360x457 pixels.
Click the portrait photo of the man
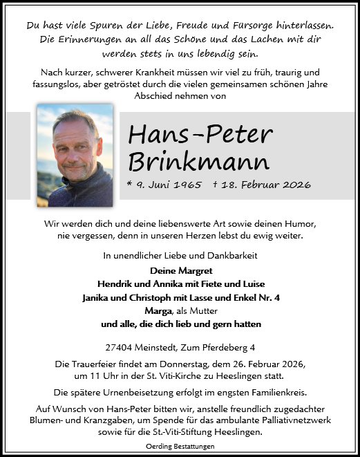[x=75, y=155]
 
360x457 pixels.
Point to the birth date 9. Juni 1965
[x=168, y=185]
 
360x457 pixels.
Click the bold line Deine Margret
[x=180, y=271]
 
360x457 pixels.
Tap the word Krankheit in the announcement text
[x=162, y=72]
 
